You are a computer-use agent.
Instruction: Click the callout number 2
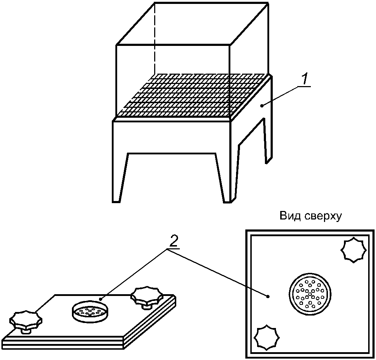pos(173,243)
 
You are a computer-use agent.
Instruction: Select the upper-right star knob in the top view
pos(354,250)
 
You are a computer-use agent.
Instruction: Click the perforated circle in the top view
pos(309,294)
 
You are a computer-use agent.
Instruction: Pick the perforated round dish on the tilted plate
pos(90,312)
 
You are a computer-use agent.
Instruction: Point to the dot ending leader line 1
pos(262,105)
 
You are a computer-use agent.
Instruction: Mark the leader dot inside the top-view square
pos(268,296)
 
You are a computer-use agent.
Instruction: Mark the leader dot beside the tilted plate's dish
pos(101,299)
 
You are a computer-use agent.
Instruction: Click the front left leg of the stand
pos(120,178)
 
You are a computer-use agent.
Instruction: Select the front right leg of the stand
pos(225,178)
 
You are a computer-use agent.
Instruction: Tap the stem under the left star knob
pos(26,330)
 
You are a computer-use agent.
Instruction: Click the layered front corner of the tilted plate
pos(125,343)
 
